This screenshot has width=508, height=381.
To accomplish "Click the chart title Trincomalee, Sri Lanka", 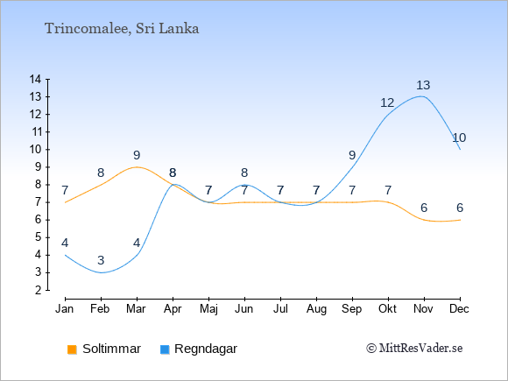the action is (x=122, y=29).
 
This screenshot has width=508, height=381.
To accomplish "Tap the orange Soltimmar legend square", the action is (x=72, y=349).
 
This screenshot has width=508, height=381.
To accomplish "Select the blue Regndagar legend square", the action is (x=165, y=349).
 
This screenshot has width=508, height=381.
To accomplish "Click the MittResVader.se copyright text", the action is (x=414, y=349).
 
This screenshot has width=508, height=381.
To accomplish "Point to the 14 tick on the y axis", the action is (x=35, y=79).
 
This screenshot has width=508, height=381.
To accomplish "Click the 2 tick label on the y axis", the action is (x=39, y=290).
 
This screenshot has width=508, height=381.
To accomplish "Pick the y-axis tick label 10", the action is (x=35, y=150).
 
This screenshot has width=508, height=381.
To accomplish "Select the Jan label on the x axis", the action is (x=65, y=309).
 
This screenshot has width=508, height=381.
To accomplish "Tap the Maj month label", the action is (x=208, y=309).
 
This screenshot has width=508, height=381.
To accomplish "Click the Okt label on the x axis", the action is (x=387, y=309).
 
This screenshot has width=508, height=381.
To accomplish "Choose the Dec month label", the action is (x=459, y=309).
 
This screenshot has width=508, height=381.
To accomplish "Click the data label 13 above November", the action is (x=423, y=85).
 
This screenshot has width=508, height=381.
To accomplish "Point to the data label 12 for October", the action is (x=387, y=103).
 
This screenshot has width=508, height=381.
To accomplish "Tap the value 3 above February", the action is (x=101, y=260).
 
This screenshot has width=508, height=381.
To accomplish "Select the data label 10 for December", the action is (x=459, y=138).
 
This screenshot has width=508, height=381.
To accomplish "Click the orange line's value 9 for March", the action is (x=137, y=156).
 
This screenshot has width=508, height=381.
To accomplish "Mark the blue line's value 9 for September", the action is (x=352, y=156).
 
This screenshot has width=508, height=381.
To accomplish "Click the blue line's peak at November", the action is (x=421, y=96).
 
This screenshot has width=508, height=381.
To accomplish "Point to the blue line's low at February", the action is (x=101, y=272).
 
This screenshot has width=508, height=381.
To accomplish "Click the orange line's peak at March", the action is (x=137, y=166).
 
